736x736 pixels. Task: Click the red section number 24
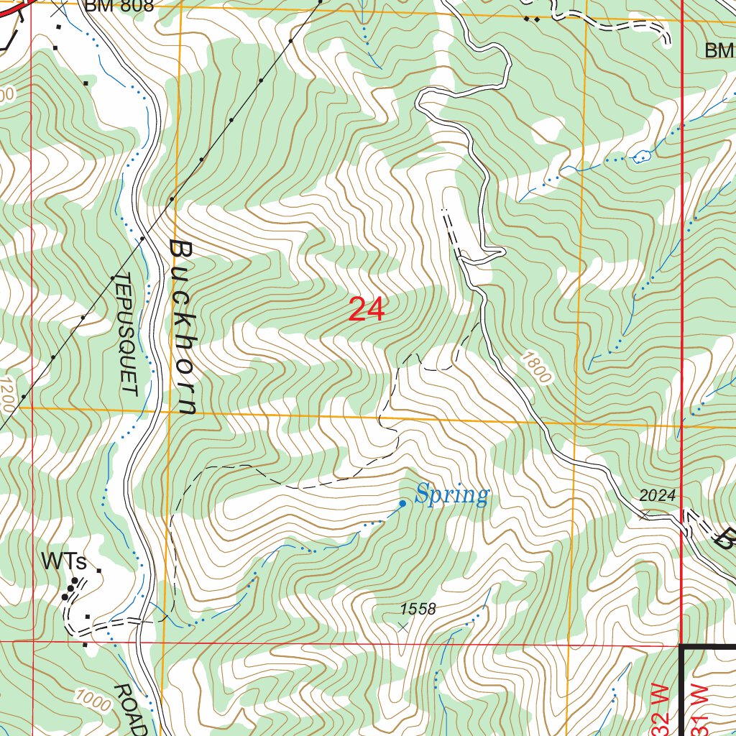367,310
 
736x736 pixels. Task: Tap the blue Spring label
452,495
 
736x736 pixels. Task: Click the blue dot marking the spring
402,504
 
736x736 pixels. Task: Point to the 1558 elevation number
418,609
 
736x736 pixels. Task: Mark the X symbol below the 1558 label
402,627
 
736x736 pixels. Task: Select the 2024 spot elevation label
658,496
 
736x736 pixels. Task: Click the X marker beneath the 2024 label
645,515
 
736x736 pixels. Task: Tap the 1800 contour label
536,367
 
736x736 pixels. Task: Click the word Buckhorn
183,328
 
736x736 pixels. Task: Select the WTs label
63,561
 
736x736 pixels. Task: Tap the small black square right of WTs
99,571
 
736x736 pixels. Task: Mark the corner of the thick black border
681,648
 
